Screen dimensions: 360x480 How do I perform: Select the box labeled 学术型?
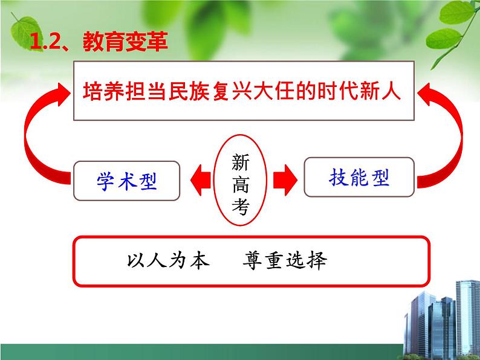(126, 181)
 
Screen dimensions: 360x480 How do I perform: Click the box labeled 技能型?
(359, 177)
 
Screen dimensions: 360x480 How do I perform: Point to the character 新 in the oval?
(240, 162)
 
